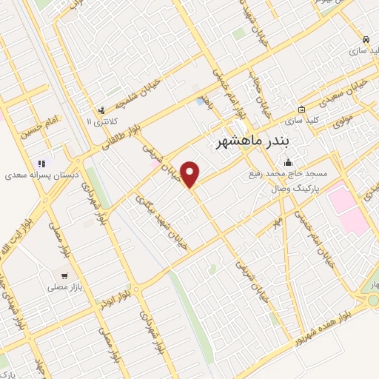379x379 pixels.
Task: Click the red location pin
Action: coord(191,175)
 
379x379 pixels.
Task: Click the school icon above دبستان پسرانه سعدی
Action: coord(41,164)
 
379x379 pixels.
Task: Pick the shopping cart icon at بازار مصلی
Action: coord(64,275)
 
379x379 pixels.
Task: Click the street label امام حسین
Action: coord(41,128)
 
